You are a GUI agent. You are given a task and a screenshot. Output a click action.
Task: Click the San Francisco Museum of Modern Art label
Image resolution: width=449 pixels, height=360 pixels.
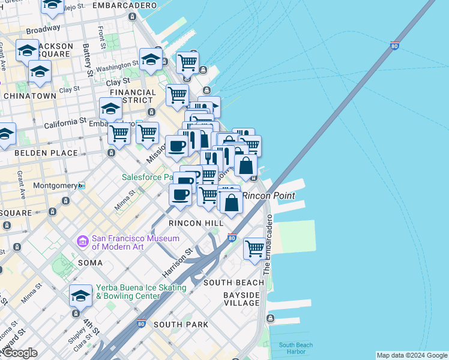pyautogui.click(x=135, y=242)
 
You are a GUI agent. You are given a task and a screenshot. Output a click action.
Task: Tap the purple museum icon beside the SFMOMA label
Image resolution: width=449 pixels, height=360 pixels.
pyautogui.click(x=82, y=242)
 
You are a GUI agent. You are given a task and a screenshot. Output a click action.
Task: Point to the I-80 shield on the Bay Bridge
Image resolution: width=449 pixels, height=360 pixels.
pyautogui.click(x=394, y=46)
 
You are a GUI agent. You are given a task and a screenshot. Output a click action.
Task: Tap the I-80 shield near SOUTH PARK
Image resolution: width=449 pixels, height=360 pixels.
pyautogui.click(x=142, y=323)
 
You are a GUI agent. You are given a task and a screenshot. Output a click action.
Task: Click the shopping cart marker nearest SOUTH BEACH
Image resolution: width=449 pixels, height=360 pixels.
pyautogui.click(x=255, y=247)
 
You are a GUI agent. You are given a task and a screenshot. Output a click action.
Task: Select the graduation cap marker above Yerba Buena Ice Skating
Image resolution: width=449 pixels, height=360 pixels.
pyautogui.click(x=80, y=295)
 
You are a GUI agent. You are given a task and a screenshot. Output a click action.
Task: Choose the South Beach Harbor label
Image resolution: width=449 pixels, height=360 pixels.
pyautogui.click(x=295, y=349)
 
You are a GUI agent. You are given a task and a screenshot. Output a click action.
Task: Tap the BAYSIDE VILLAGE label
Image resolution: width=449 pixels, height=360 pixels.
pyautogui.click(x=241, y=299)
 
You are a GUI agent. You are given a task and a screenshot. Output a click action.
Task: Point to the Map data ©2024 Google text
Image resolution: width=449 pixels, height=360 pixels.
pyautogui.click(x=411, y=355)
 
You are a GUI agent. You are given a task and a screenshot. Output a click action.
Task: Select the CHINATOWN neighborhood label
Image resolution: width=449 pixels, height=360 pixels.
pyautogui.click(x=30, y=96)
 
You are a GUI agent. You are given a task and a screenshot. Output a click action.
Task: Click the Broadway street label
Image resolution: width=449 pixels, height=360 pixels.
pyautogui.click(x=43, y=28)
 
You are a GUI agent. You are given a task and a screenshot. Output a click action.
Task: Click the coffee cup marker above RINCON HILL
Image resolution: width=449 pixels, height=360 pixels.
pyautogui.click(x=180, y=194)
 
